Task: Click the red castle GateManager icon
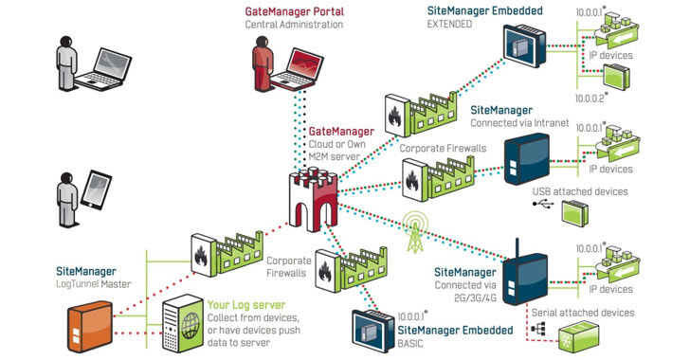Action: coord(313,199)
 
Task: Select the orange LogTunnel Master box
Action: coord(90,326)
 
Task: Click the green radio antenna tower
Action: coord(414,231)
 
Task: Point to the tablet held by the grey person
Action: coord(96,189)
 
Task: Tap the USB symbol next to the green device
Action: coord(543,204)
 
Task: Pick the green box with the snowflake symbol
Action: coord(579,336)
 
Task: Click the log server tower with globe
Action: coord(183,323)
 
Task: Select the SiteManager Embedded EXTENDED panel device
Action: coord(524,45)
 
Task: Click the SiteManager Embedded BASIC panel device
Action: coord(373,331)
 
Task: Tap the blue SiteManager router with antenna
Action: coord(525,276)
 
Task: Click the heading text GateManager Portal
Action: coord(295,11)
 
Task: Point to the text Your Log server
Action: coord(246,305)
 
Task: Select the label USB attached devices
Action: coord(580,191)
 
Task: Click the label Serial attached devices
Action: coord(583,313)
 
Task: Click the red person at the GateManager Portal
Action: coord(262,63)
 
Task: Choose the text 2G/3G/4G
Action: coord(475,297)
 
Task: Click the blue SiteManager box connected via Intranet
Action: coord(527,159)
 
